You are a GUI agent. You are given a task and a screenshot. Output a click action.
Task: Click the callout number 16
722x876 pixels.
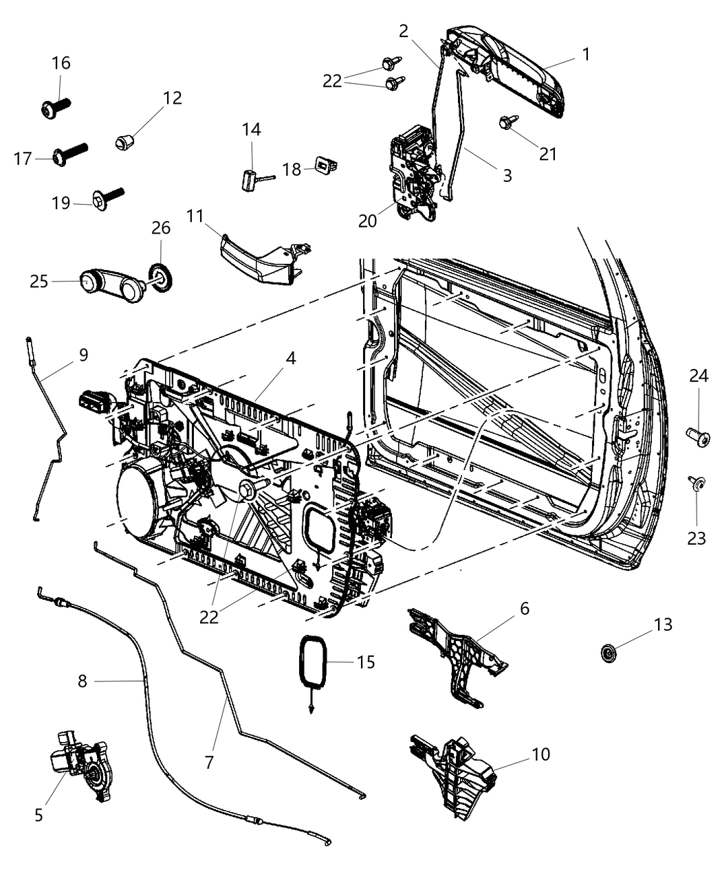click(x=61, y=63)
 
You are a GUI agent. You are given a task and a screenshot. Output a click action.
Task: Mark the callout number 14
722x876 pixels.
click(x=252, y=129)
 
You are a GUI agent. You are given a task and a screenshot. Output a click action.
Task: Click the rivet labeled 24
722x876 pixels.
click(x=695, y=435)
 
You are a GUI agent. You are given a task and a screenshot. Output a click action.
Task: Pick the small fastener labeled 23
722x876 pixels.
click(x=696, y=485)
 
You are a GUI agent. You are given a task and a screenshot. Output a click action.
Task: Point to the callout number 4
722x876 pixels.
click(x=291, y=358)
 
